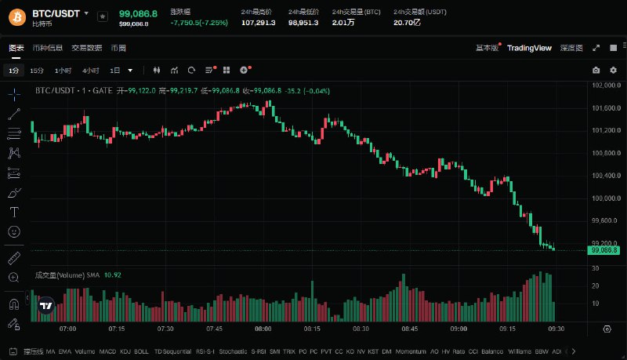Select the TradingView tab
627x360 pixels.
529,49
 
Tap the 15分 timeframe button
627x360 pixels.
37,71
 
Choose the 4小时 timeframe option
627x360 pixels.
90,71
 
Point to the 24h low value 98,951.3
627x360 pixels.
304,22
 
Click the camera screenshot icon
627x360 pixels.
596,71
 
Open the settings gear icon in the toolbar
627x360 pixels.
613,71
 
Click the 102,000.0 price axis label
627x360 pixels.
607,85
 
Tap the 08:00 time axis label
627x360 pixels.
263,329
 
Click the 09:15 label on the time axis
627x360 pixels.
508,329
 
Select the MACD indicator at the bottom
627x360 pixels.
107,351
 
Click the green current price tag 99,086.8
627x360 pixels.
605,250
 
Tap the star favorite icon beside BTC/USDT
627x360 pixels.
102,16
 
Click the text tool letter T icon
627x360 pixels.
14,212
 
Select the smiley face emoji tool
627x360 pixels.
14,231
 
